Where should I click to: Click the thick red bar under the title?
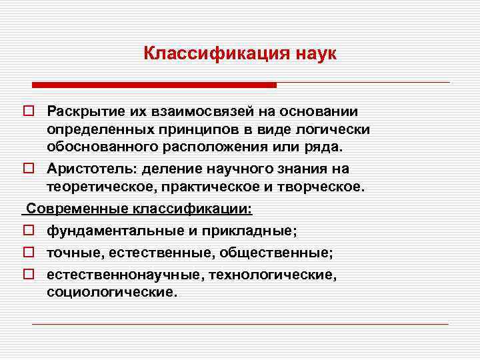[155, 85]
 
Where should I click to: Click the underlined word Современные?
[78, 209]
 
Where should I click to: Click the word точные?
[71, 253]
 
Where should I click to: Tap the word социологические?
[112, 292]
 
